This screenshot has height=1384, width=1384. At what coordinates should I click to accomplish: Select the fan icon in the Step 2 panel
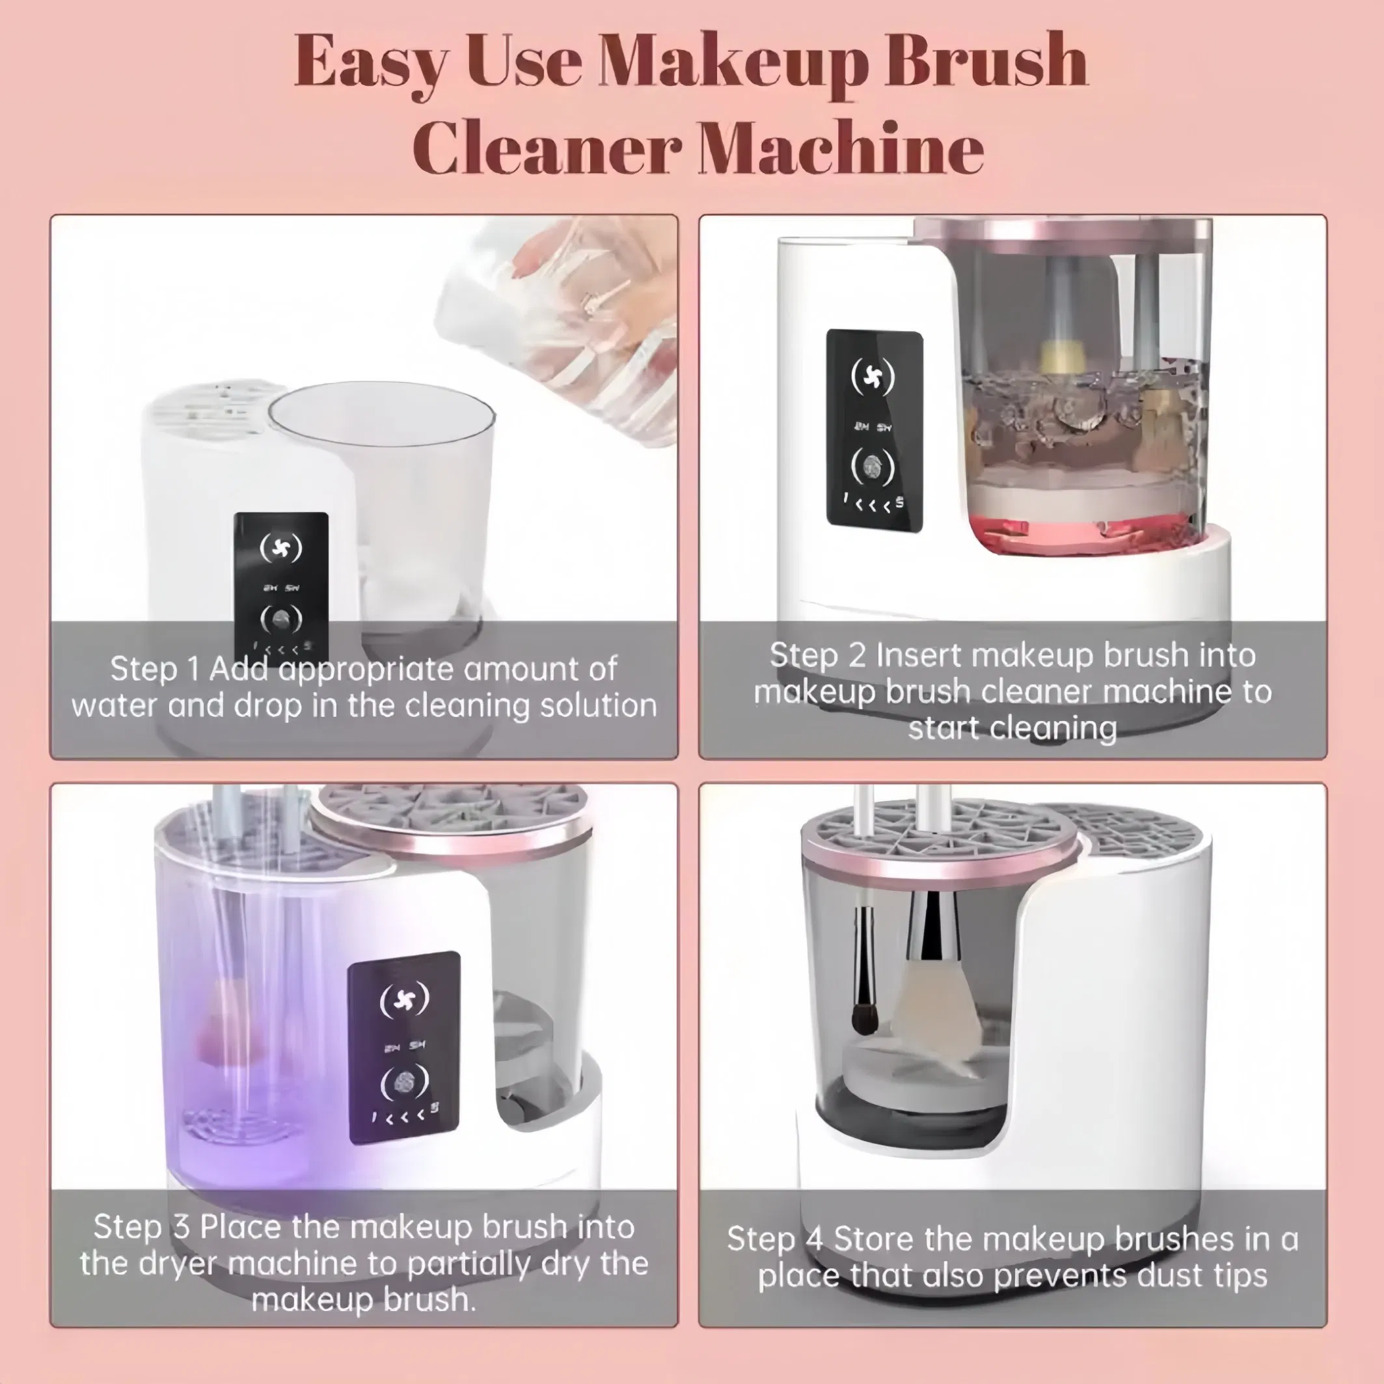(x=873, y=375)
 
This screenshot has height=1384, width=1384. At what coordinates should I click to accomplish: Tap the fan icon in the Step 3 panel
(x=404, y=998)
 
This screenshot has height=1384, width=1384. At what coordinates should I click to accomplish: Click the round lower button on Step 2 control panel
(x=873, y=467)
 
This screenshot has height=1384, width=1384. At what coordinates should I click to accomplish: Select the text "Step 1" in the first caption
(x=154, y=670)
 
